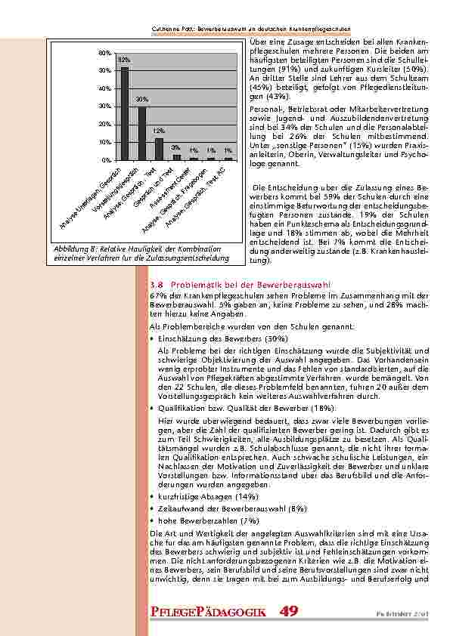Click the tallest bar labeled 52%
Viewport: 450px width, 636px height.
(x=125, y=113)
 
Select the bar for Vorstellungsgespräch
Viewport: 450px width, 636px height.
(x=141, y=134)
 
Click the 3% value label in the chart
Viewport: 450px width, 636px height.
(x=175, y=147)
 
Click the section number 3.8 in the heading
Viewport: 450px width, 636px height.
(x=160, y=284)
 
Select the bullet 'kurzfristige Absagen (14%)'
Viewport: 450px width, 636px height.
(x=201, y=497)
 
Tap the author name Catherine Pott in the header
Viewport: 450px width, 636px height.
(x=170, y=29)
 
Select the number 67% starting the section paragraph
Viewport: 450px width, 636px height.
(x=158, y=296)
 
